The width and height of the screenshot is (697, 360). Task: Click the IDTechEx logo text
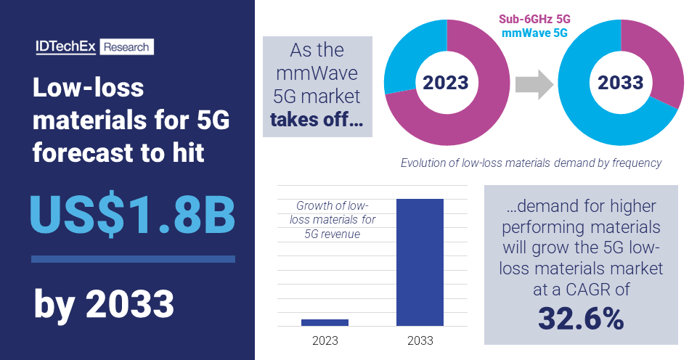66,47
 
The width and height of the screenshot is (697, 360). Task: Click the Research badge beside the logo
126,47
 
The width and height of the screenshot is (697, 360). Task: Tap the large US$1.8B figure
132,215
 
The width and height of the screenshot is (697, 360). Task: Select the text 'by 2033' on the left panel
104,305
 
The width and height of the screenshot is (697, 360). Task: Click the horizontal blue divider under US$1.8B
133,259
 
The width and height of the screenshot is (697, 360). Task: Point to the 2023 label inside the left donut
445,83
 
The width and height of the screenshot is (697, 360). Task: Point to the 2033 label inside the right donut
620,83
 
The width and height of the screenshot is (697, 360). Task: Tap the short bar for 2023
325,322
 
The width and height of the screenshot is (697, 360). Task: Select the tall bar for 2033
420,262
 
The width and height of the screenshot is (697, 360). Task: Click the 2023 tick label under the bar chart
325,340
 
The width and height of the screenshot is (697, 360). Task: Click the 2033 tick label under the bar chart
420,340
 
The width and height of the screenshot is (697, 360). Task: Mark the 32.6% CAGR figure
581,318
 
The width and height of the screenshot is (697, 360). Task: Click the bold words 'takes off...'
317,120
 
